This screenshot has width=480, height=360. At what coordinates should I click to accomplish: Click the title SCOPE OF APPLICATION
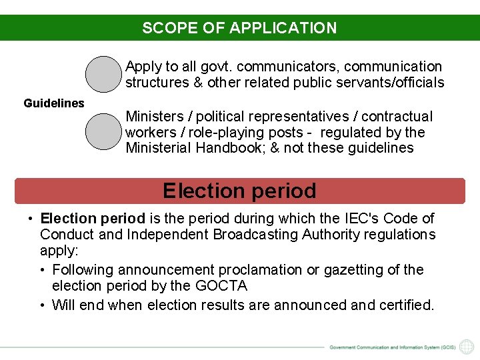(x=239, y=28)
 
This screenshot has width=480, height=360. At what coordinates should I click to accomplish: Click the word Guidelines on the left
(x=54, y=103)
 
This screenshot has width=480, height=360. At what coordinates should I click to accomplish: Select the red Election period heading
(x=239, y=191)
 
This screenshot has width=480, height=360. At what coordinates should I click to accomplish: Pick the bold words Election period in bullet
(x=93, y=219)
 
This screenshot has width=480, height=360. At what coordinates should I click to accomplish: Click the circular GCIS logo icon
(x=467, y=347)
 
